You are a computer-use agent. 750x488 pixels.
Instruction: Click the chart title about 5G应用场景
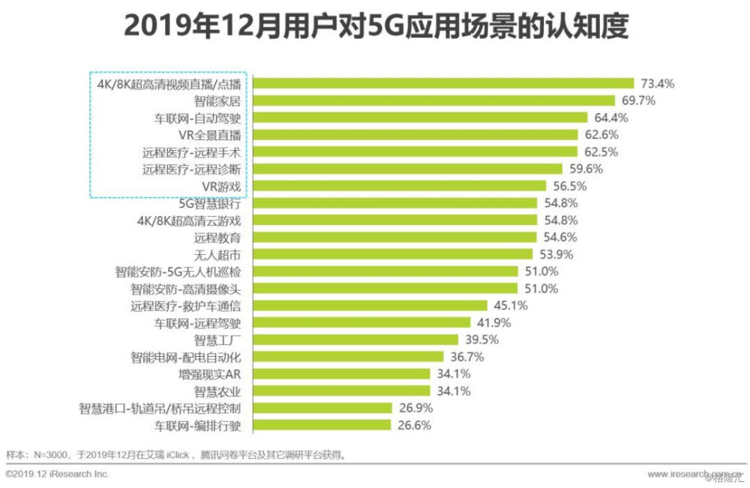(375, 28)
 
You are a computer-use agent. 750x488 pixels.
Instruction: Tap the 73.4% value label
(658, 83)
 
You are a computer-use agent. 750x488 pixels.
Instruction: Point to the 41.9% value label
(491, 323)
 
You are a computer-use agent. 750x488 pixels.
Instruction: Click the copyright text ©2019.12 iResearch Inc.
(57, 475)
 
